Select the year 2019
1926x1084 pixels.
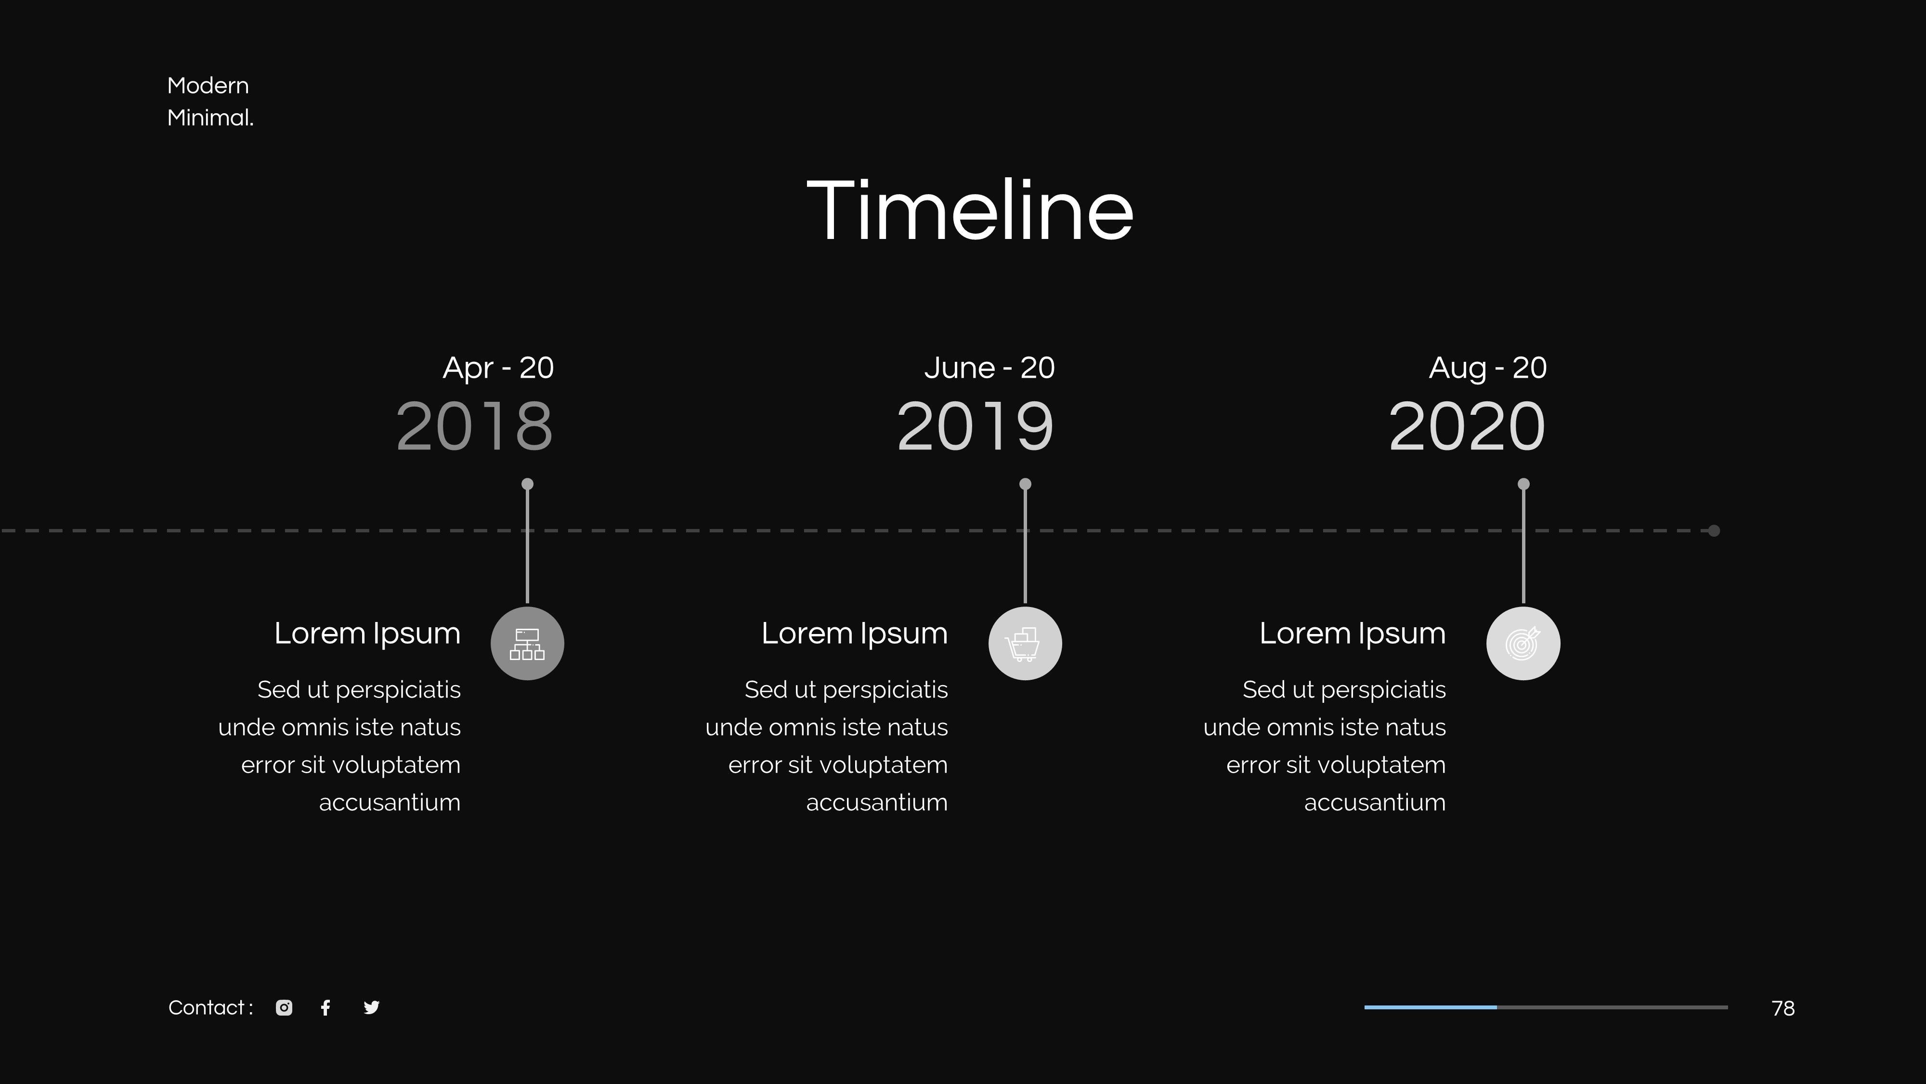click(975, 426)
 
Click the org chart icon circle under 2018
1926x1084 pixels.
click(527, 643)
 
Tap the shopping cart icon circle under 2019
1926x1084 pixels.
click(1025, 643)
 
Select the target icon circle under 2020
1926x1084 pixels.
click(1523, 643)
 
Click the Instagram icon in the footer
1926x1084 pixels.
click(284, 1008)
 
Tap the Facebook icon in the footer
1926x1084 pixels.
click(325, 1008)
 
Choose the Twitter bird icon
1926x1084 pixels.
click(372, 1008)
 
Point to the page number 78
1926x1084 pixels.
click(1783, 1008)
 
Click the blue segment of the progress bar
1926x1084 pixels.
click(1430, 1008)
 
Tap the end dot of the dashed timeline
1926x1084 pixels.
click(1715, 531)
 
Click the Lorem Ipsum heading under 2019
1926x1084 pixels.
click(855, 634)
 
